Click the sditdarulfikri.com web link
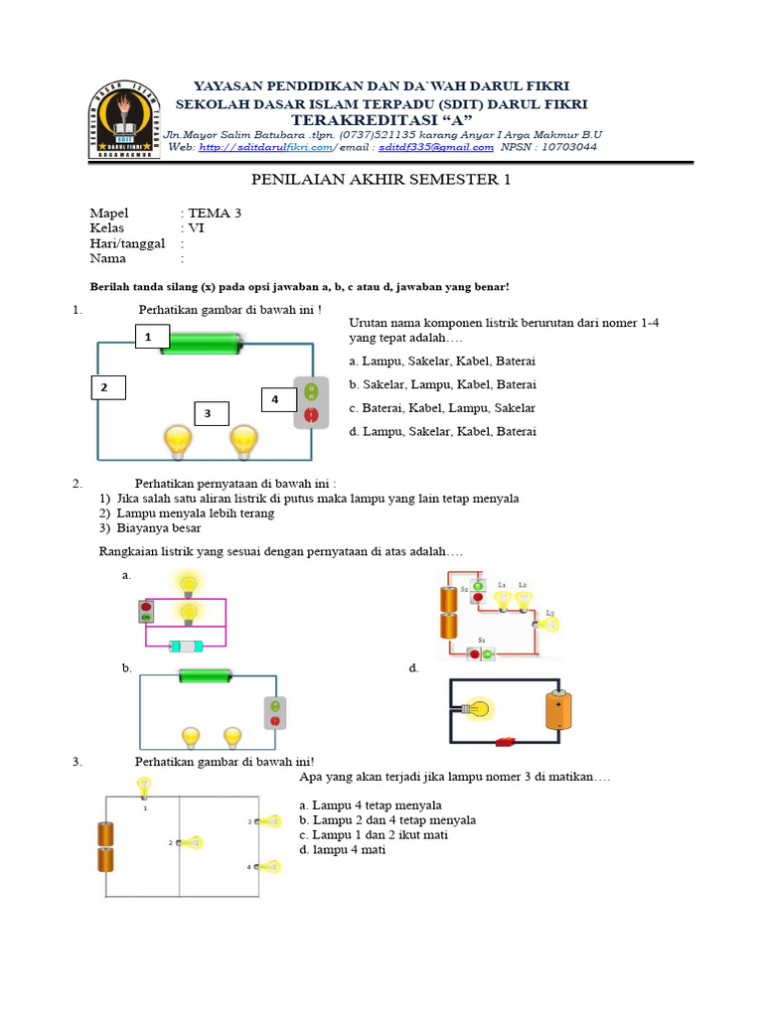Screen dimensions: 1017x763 pyautogui.click(x=265, y=147)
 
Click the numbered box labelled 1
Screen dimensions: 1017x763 pyautogui.click(x=148, y=338)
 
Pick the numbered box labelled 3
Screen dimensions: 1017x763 pyautogui.click(x=211, y=413)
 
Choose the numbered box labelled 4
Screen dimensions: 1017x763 pyautogui.click(x=276, y=399)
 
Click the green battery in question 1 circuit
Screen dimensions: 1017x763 pyautogui.click(x=202, y=344)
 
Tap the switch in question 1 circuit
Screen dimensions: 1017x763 pyautogui.click(x=311, y=404)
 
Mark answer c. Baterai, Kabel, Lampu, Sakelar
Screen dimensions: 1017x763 pyautogui.click(x=442, y=408)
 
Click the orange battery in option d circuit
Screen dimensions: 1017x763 pyautogui.click(x=556, y=711)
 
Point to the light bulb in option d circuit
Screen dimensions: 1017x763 pyautogui.click(x=477, y=709)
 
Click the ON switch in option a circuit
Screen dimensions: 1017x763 pyautogui.click(x=147, y=611)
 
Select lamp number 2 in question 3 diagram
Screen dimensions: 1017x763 pyautogui.click(x=190, y=842)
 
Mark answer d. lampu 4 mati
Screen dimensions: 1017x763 pyautogui.click(x=342, y=850)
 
